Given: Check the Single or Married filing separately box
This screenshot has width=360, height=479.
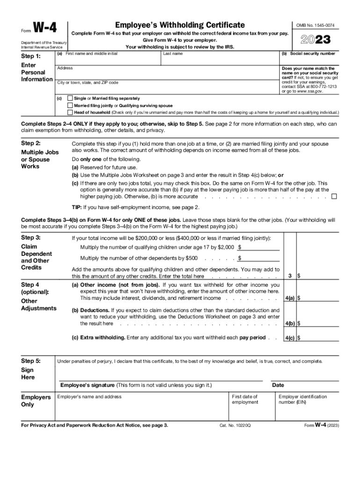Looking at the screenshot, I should (70, 99).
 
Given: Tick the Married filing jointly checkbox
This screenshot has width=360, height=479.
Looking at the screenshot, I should (70, 106).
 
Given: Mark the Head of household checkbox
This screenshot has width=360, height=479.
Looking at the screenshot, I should (70, 113).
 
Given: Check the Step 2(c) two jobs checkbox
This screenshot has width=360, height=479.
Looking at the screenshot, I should (334, 196).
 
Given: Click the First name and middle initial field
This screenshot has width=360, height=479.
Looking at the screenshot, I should (108, 60).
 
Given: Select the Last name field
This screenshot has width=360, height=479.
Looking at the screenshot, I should (219, 60).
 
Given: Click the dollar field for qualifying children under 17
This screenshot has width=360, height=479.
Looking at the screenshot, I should (260, 247).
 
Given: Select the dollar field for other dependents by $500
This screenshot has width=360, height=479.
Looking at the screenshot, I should (260, 258).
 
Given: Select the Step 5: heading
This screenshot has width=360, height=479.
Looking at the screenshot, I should (31, 361).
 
